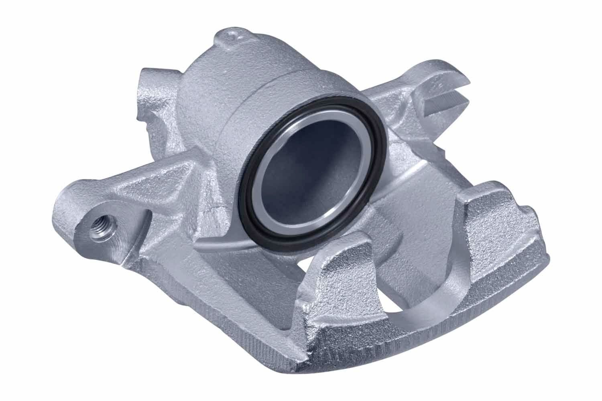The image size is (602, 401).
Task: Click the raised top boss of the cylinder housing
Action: pos(231,40)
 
